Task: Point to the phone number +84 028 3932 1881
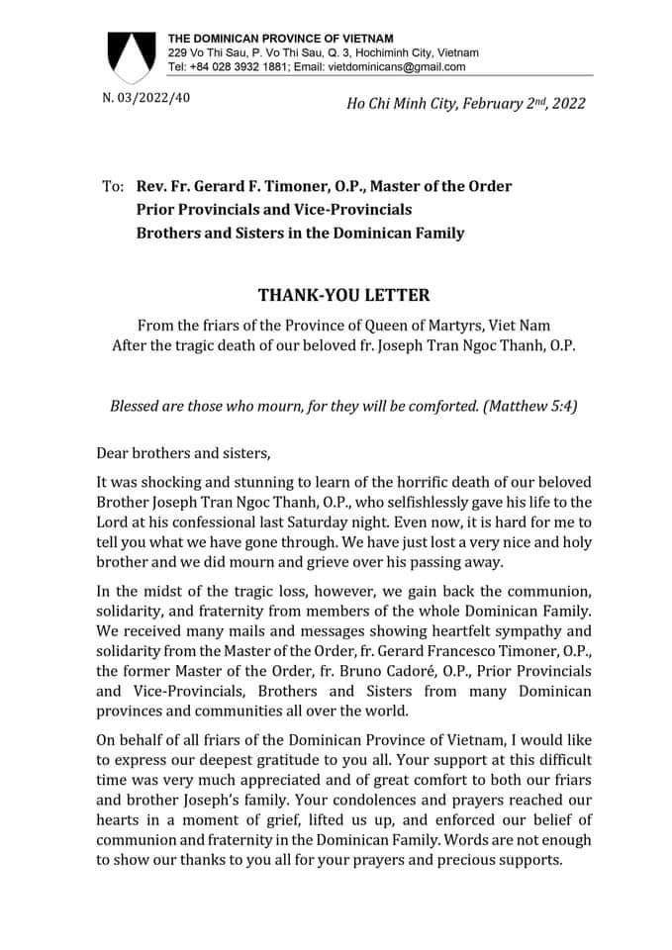point(244,67)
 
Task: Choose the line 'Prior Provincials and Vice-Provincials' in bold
point(273,210)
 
